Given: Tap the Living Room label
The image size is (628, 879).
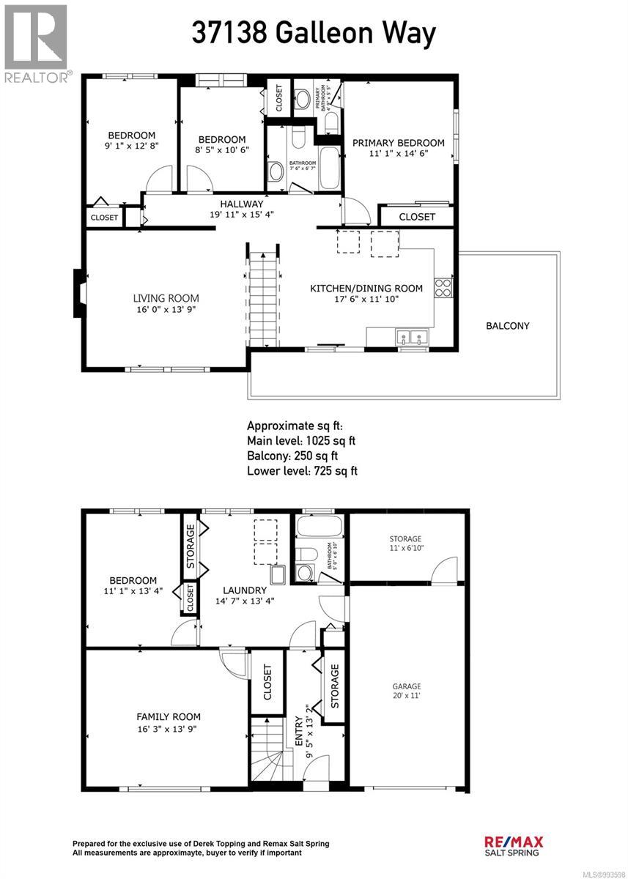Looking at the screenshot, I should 166,298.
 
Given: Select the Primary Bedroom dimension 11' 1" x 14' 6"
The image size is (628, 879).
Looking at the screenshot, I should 398,155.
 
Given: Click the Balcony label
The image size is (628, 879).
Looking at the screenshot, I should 507,326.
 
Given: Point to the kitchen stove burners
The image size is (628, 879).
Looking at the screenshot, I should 443,287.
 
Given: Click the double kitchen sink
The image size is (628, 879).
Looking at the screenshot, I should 411,338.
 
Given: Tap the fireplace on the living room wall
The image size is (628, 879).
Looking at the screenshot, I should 78,294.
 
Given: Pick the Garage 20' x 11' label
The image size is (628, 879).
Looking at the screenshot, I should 406,692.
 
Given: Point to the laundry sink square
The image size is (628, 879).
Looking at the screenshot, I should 278,574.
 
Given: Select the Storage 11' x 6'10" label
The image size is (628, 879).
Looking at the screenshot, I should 405,544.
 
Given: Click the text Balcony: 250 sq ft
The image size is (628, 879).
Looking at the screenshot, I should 292,456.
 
